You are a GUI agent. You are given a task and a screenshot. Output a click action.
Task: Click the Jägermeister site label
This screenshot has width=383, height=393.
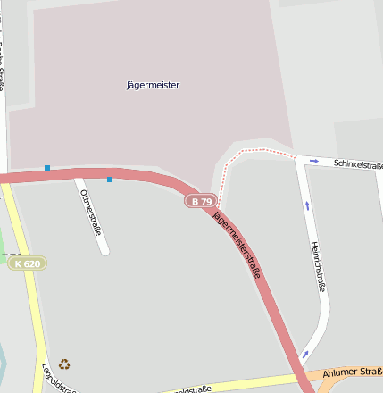(154, 85)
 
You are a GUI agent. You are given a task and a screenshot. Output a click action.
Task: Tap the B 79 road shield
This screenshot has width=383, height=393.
(202, 201)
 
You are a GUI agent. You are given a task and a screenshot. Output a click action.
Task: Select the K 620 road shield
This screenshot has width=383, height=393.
(27, 263)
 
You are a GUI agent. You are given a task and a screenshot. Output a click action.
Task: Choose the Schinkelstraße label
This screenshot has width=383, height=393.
(357, 164)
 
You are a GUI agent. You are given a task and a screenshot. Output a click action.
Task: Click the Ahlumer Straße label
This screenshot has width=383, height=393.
(353, 372)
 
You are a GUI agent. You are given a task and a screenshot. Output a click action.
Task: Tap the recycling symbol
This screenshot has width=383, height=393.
(64, 364)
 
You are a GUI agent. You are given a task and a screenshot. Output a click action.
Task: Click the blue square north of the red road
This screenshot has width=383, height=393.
(47, 167)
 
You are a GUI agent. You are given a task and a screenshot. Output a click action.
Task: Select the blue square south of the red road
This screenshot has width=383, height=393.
(110, 180)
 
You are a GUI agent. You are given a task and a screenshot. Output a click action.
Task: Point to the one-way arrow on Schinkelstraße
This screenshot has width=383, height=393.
(313, 161)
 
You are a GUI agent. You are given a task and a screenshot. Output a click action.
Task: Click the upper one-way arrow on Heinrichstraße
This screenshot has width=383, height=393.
(307, 205)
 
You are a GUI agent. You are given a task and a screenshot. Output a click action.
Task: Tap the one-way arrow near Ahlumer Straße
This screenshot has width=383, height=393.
(305, 354)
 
